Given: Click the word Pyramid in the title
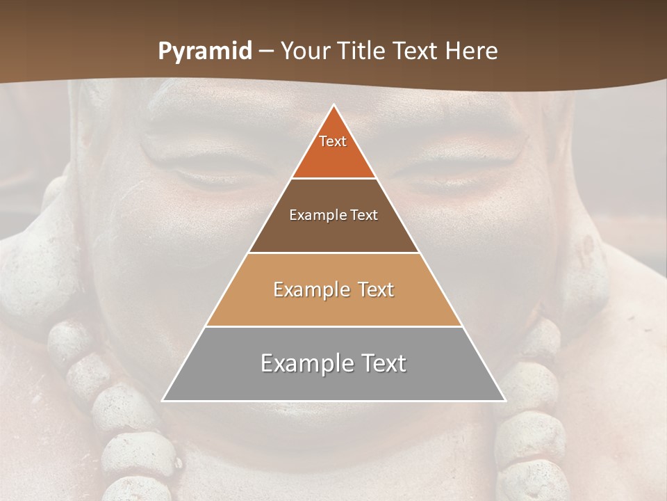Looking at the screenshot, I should coord(205,51).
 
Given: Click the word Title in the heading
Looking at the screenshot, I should coord(363,51).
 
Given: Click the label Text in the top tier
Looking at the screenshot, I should coord(333,141).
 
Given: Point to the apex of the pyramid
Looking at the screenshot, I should coord(334,106).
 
